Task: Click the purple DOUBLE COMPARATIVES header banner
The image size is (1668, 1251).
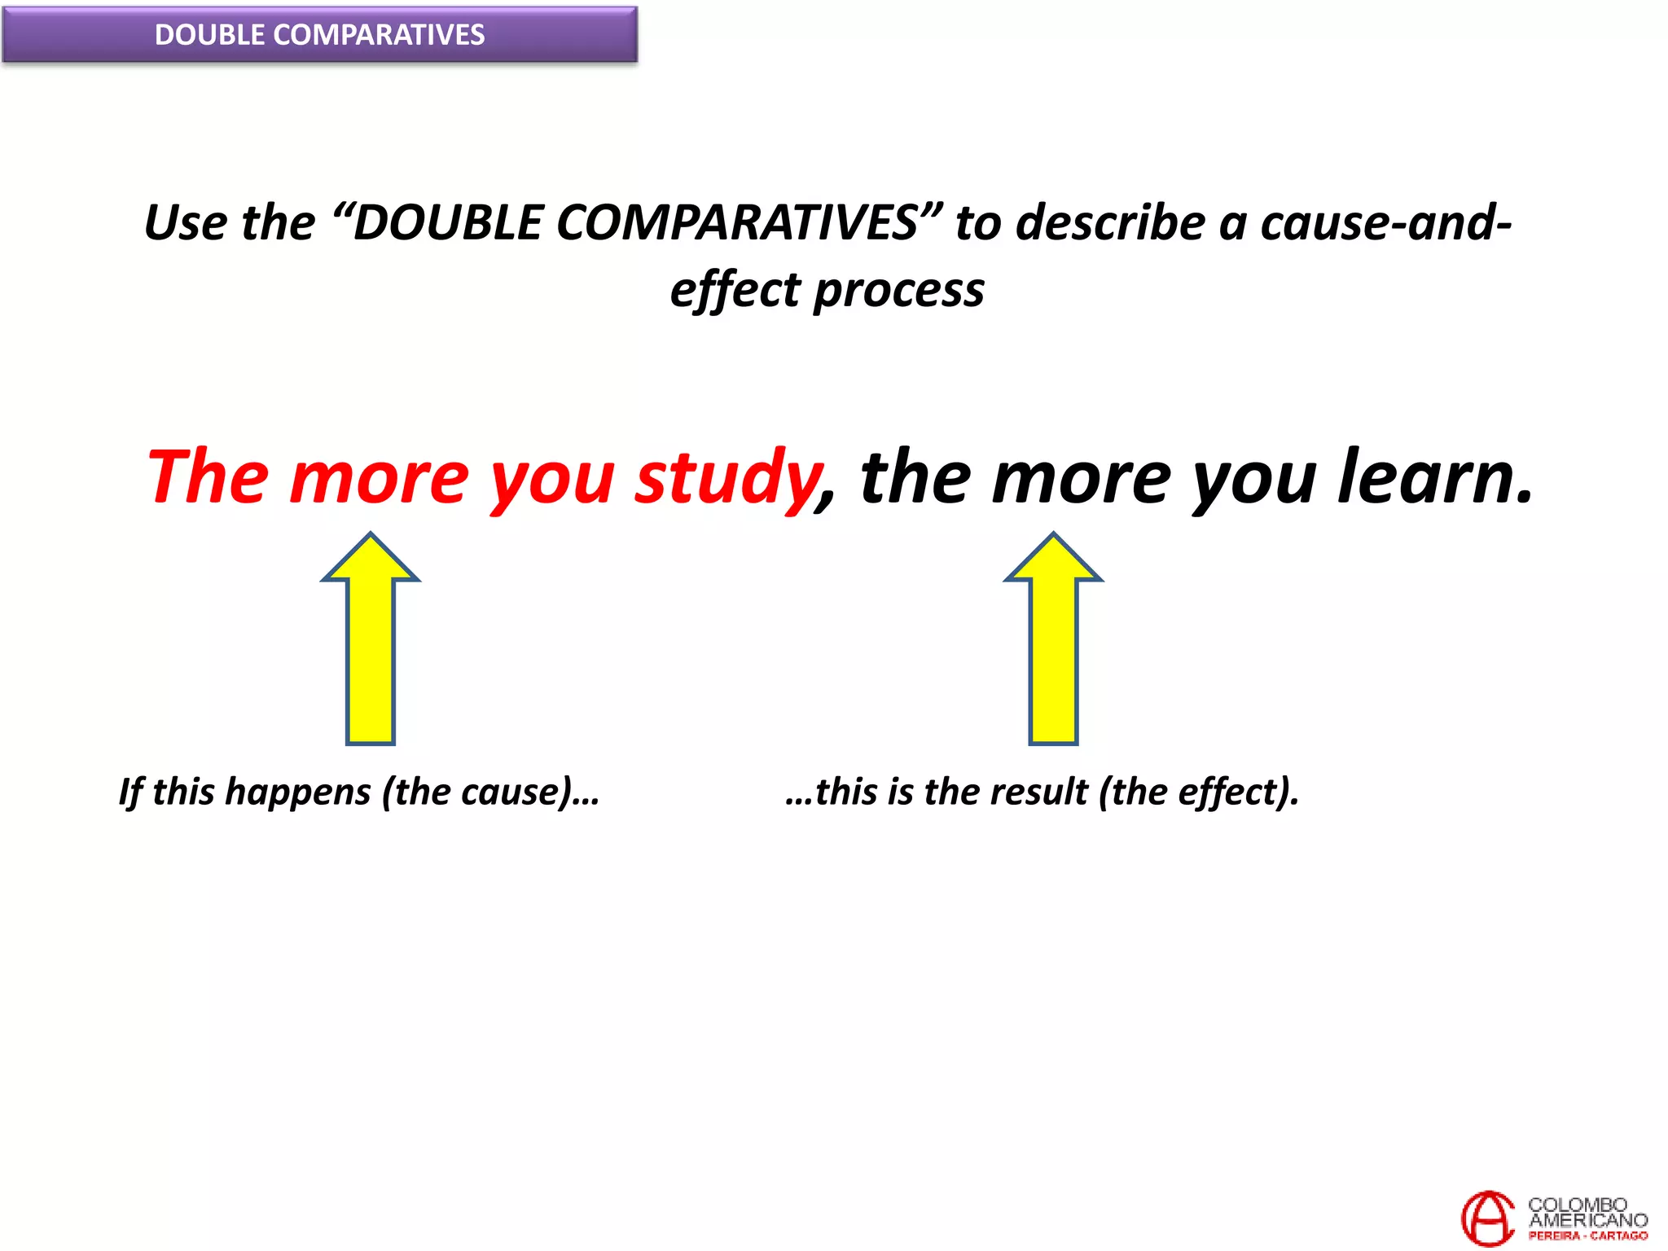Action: pos(319,34)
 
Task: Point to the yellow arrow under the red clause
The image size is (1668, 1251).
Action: pos(371,639)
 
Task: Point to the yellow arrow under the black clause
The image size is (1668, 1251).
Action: pos(1053,639)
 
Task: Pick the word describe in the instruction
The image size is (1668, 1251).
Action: pos(1110,222)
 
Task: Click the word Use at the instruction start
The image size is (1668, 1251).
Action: pos(185,222)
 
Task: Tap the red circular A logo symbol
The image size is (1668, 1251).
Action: pos(1488,1218)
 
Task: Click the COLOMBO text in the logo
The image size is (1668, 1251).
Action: pos(1577,1204)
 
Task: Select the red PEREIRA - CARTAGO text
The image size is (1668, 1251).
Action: pos(1587,1236)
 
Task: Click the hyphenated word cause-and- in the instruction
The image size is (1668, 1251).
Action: pos(1385,222)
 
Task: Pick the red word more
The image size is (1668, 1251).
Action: pos(380,478)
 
